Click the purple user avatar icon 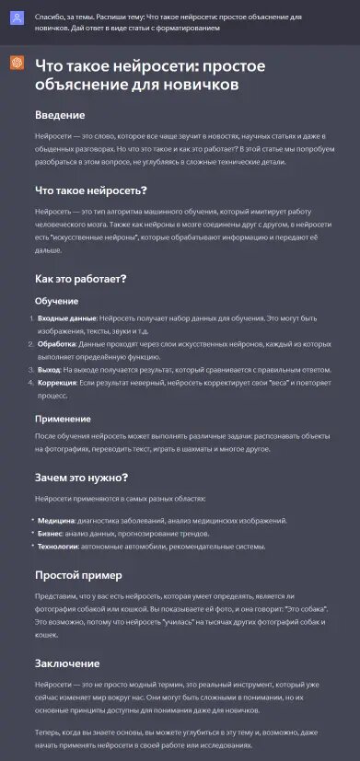(x=17, y=18)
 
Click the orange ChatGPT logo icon (x=17, y=63)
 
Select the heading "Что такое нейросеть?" (x=91, y=190)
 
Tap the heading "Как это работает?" (x=80, y=278)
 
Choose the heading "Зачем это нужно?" (x=80, y=477)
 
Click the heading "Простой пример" (x=78, y=575)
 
